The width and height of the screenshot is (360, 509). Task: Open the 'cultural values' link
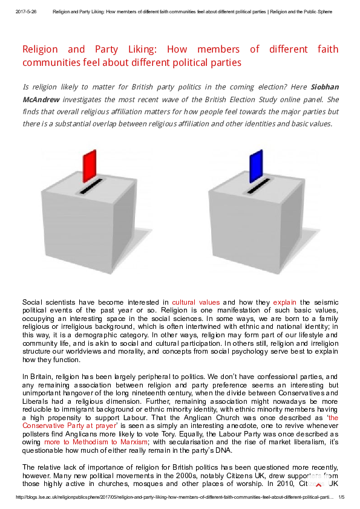pos(195,302)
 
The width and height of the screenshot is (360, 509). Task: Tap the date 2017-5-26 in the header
pos(26,11)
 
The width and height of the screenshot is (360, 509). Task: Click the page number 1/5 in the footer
pos(341,497)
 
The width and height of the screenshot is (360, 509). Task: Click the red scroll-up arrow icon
pos(319,485)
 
